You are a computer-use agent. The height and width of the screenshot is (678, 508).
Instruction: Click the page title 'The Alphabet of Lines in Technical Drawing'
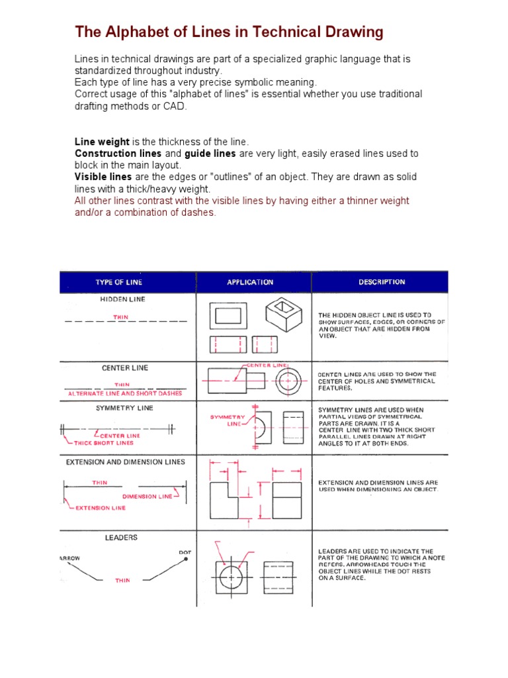(229, 32)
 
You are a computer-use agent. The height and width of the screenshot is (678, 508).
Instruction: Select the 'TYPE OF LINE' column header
(118, 282)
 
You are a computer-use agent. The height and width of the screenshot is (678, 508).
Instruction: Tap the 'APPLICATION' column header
(250, 282)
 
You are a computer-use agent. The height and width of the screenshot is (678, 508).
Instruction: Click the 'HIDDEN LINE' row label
(122, 299)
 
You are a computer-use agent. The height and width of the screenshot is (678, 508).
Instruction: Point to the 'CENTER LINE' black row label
(125, 367)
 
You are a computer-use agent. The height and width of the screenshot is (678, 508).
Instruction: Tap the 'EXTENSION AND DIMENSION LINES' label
(126, 461)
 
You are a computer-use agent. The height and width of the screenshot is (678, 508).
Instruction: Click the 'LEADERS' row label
(122, 538)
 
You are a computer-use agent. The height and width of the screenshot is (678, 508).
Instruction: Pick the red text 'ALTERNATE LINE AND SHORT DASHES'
(125, 393)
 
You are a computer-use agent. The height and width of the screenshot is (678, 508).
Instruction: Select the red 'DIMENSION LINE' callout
(148, 496)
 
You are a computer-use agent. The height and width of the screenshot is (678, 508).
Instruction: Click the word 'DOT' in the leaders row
(185, 552)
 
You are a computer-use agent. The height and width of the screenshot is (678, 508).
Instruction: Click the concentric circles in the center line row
(289, 381)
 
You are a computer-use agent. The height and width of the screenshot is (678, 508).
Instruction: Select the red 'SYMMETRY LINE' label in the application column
(228, 420)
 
